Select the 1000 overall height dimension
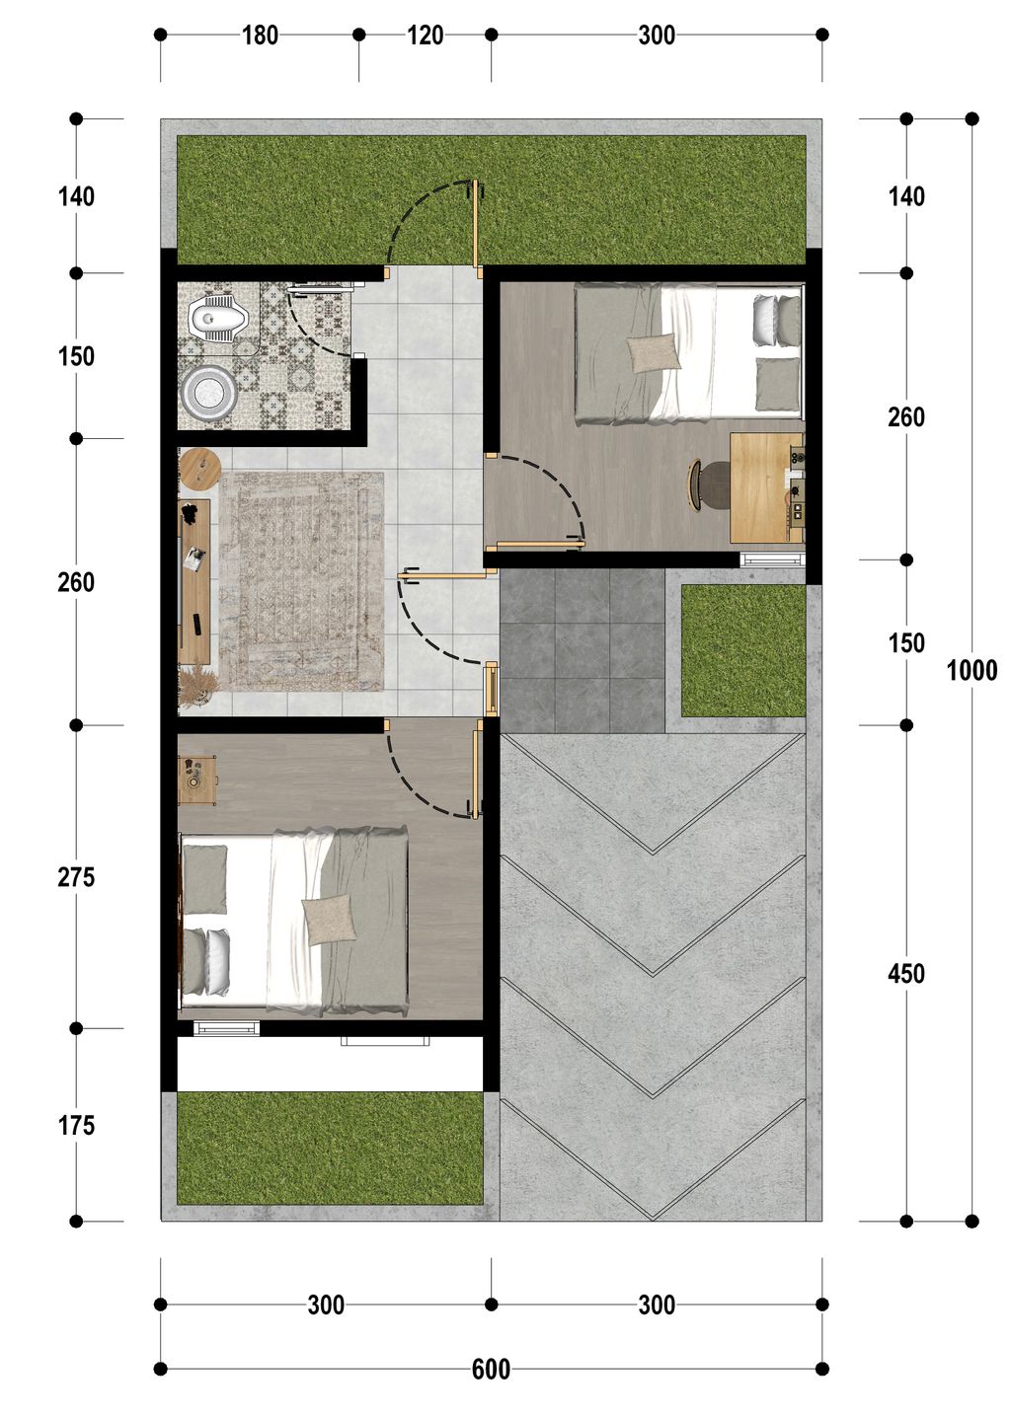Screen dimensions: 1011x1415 point(972,670)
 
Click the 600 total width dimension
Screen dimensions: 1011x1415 point(491,1369)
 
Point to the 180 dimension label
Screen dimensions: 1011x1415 point(260,36)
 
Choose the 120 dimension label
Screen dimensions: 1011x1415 point(425,36)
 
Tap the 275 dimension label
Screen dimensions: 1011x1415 point(76,877)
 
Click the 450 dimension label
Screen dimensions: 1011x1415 point(906,974)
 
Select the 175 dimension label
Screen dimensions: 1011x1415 point(76,1125)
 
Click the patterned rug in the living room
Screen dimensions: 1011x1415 point(301,582)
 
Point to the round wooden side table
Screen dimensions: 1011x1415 point(199,468)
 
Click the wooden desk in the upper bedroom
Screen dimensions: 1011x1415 point(766,487)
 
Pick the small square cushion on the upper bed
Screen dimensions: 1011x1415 point(654,353)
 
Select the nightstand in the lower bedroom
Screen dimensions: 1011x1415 point(197,781)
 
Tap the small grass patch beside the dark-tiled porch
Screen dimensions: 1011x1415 point(743,650)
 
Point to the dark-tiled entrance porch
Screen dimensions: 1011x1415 point(582,650)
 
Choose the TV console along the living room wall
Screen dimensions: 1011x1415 point(194,581)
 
